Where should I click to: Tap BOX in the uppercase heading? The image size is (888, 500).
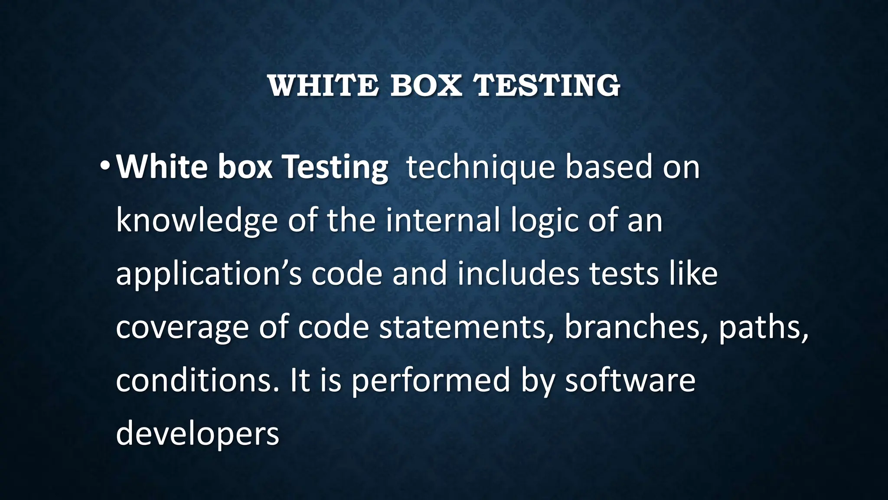point(426,86)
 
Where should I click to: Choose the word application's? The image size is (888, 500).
point(208,275)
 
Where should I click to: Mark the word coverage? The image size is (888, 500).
point(182,328)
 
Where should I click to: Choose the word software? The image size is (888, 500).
point(630,381)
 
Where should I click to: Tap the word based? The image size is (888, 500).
point(609,168)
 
